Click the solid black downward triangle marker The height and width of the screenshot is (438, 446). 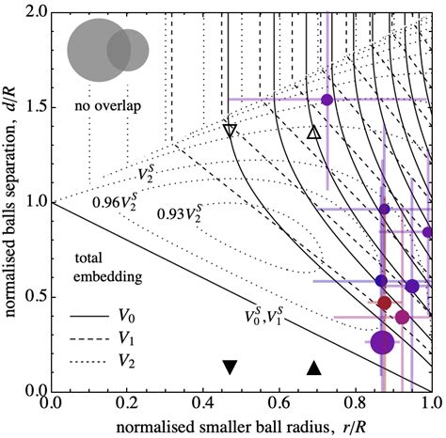(230, 368)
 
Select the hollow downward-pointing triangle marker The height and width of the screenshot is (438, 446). (230, 130)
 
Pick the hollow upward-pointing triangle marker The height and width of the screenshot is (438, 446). (315, 133)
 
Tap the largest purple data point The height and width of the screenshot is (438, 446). (382, 342)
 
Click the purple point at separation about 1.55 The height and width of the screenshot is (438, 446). (327, 100)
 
